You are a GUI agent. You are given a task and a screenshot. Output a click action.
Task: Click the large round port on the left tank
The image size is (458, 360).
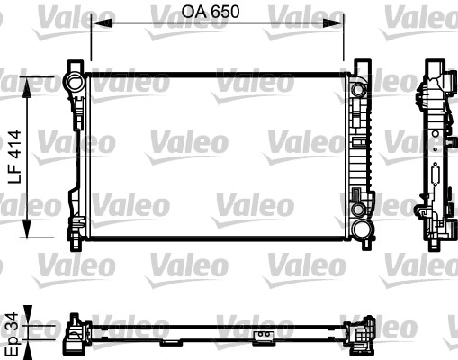[73, 84]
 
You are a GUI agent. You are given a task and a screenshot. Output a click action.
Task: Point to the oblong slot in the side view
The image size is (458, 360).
[436, 175]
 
